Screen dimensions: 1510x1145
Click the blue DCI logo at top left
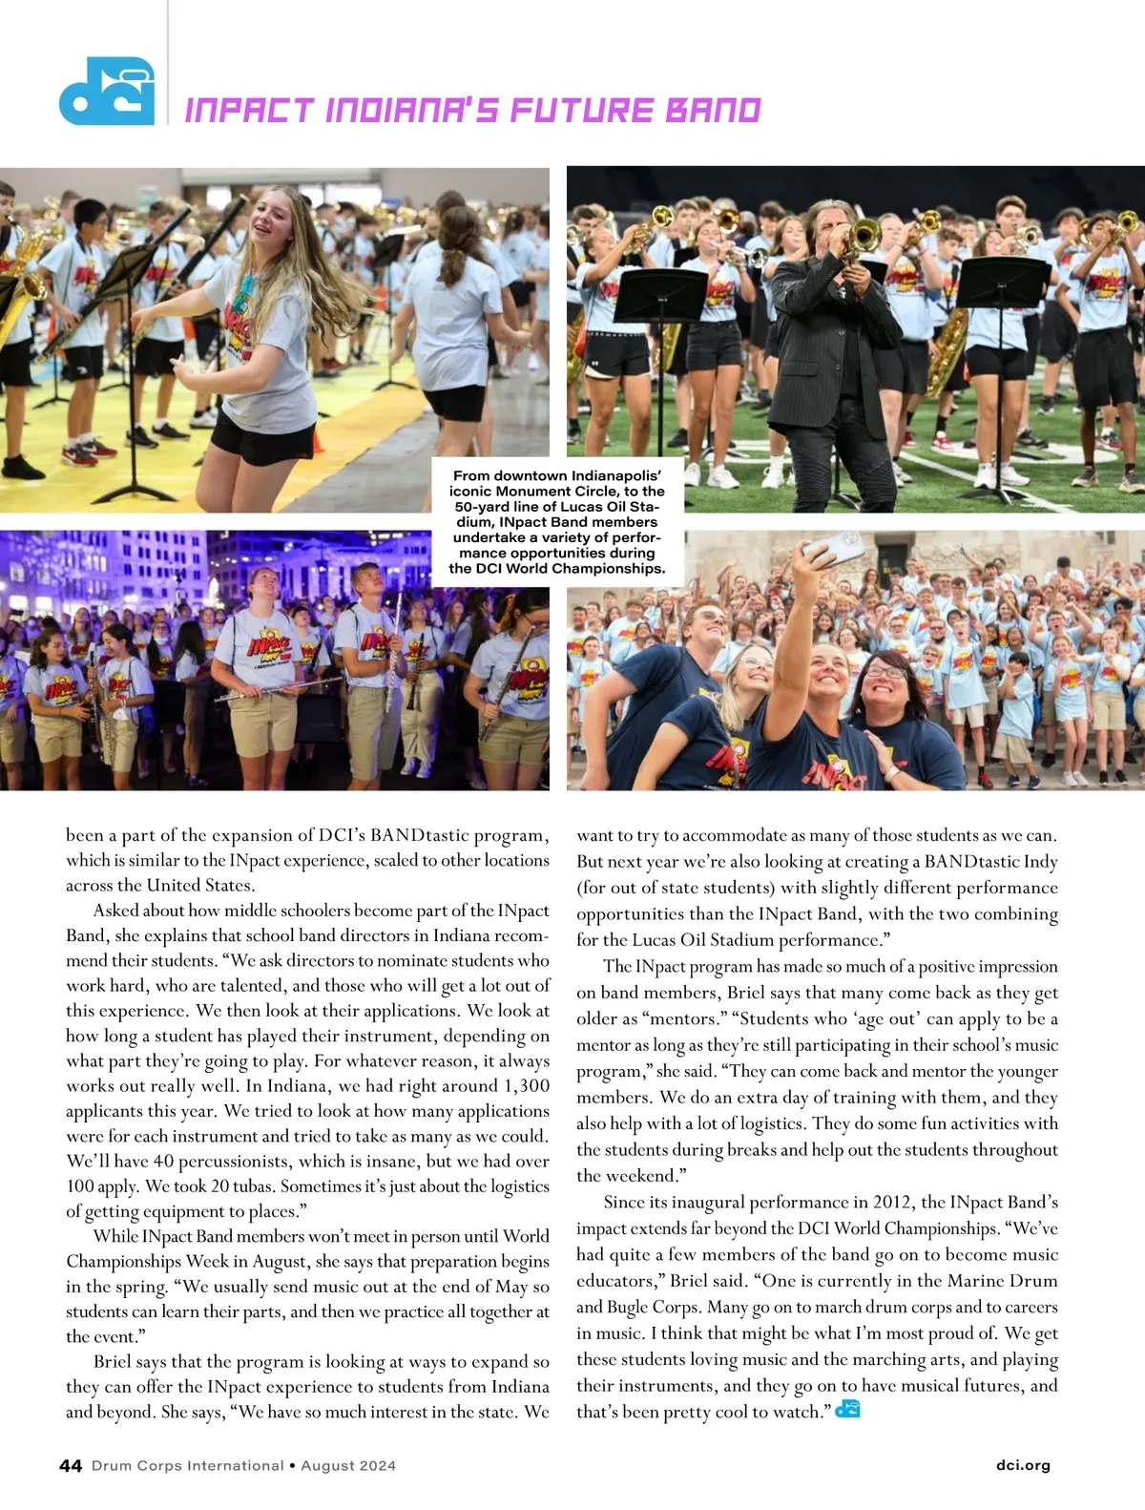[x=106, y=92]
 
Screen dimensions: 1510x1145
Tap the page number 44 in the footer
[x=71, y=1465]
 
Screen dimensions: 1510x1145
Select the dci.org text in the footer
[x=1022, y=1465]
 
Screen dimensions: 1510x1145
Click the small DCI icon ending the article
[x=847, y=1409]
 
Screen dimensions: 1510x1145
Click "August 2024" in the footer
[x=348, y=1465]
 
